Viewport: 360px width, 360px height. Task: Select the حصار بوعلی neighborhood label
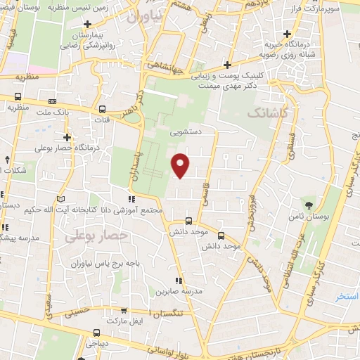coord(96,236)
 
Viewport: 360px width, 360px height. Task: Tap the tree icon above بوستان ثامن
coord(310,205)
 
